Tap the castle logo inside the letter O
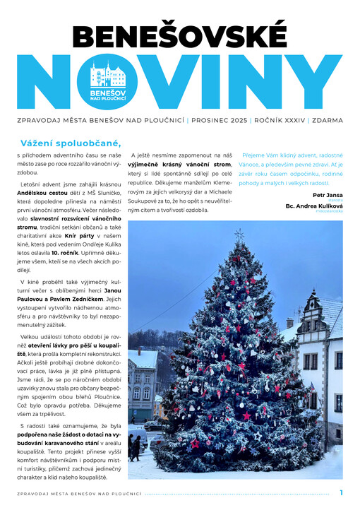pos(107,77)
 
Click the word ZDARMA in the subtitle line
pos(328,121)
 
